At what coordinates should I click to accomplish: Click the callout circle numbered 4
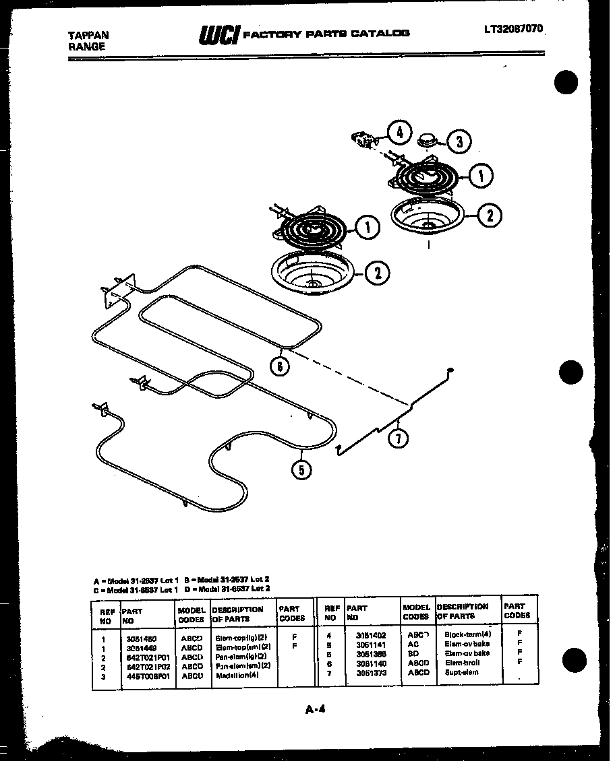point(399,132)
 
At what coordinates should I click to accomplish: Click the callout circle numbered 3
point(459,141)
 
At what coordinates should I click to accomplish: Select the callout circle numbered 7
point(398,438)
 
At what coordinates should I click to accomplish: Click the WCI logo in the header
point(219,34)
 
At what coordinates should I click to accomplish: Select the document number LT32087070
point(512,29)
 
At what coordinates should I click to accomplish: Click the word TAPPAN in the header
point(89,35)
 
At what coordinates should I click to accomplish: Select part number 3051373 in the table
point(372,672)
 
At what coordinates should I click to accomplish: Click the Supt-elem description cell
point(462,672)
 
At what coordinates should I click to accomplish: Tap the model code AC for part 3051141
point(413,644)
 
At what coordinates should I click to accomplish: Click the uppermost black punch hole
point(566,82)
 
